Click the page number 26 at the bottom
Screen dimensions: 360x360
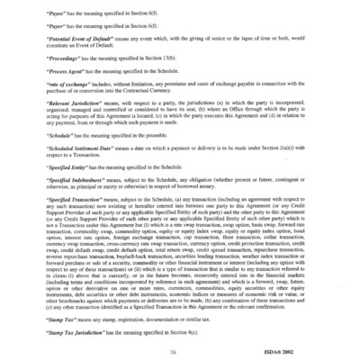tap(180, 341)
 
